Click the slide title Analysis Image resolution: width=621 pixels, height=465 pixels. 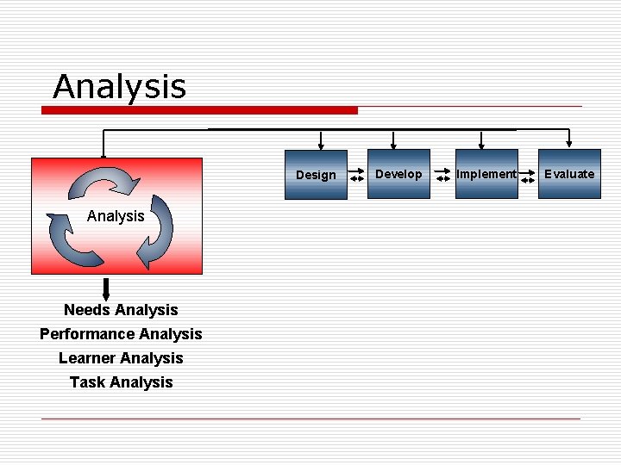(119, 86)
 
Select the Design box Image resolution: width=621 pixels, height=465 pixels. (316, 175)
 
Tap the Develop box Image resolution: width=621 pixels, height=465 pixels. (398, 174)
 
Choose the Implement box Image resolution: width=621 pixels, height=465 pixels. (486, 174)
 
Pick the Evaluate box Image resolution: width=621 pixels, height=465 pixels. (569, 174)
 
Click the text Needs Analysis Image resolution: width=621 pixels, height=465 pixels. (121, 310)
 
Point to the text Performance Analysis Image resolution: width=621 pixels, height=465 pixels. (121, 334)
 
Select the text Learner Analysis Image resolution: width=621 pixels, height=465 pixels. (121, 358)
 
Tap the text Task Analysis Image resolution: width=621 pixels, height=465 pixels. (121, 382)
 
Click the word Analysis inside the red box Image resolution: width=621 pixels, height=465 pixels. (116, 216)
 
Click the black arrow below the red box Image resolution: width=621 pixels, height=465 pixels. (106, 288)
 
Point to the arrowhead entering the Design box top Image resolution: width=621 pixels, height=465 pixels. (321, 144)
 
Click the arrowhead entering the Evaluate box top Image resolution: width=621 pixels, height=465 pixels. (569, 143)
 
